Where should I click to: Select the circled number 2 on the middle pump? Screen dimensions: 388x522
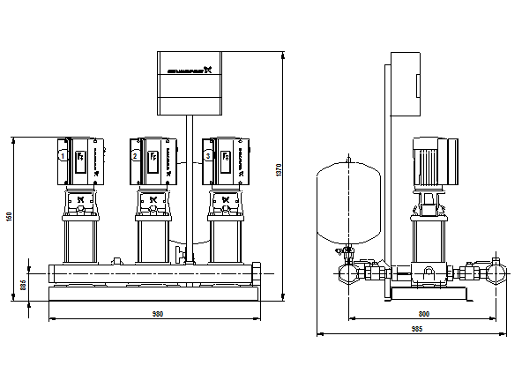pyautogui.click(x=135, y=156)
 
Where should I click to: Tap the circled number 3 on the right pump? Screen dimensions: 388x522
pyautogui.click(x=208, y=156)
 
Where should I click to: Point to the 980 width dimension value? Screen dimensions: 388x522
pyautogui.click(x=158, y=314)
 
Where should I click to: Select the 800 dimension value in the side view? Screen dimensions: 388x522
pyautogui.click(x=423, y=314)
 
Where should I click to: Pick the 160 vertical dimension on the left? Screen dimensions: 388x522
pyautogui.click(x=10, y=217)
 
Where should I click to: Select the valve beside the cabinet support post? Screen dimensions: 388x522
pyautogui.click(x=183, y=257)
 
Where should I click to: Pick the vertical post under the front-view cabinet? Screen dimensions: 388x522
pyautogui.click(x=189, y=185)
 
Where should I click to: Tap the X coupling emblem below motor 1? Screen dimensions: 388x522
pyautogui.click(x=80, y=200)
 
